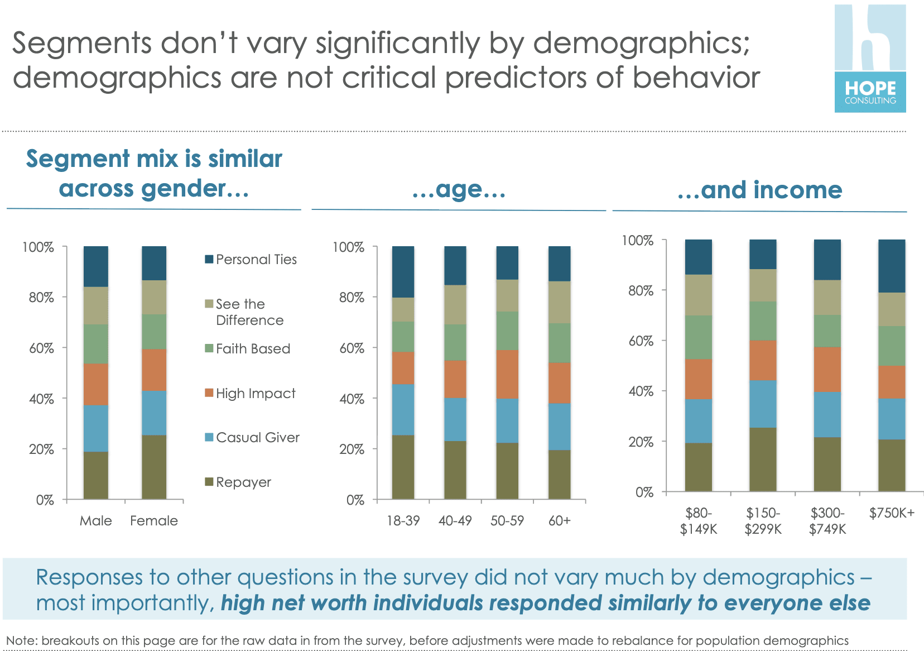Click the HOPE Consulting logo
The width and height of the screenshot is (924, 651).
pyautogui.click(x=870, y=59)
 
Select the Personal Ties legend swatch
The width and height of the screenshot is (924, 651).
pyautogui.click(x=209, y=259)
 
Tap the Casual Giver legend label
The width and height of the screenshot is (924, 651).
pyautogui.click(x=258, y=437)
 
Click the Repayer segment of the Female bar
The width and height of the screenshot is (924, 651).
pyautogui.click(x=154, y=467)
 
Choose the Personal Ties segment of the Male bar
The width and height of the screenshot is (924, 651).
pyautogui.click(x=96, y=266)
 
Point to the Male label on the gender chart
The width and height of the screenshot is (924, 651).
pyautogui.click(x=96, y=520)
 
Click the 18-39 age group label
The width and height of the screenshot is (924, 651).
pyautogui.click(x=403, y=520)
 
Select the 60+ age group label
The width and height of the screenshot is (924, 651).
pyautogui.click(x=559, y=520)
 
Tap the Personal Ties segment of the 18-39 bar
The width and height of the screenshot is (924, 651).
pyautogui.click(x=403, y=271)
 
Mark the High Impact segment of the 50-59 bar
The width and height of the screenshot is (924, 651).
pyautogui.click(x=507, y=374)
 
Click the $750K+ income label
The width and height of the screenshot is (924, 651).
pyautogui.click(x=892, y=513)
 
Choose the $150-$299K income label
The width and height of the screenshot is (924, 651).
pyautogui.click(x=763, y=521)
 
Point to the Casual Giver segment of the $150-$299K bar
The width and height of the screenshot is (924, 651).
pyautogui.click(x=763, y=404)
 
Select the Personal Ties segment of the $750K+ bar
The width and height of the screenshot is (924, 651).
pyautogui.click(x=892, y=266)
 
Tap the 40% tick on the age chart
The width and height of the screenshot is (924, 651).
pyautogui.click(x=352, y=399)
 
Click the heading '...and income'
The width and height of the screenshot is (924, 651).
pyautogui.click(x=759, y=190)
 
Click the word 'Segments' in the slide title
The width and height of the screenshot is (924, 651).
pyautogui.click(x=81, y=43)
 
